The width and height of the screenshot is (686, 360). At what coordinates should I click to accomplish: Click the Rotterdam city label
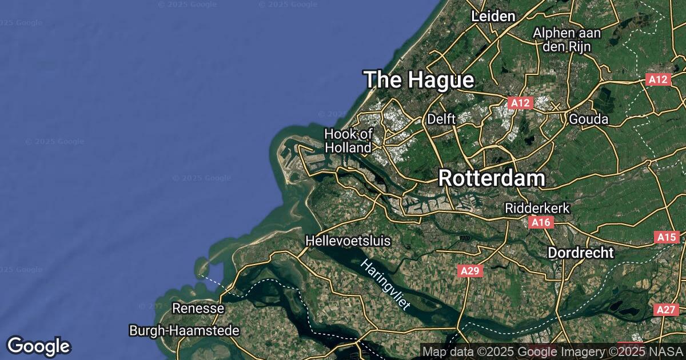[492, 178]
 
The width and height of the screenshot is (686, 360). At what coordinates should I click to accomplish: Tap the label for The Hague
[419, 80]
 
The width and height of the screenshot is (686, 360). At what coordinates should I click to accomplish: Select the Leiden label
[493, 17]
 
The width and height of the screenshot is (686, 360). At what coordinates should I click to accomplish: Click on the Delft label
[441, 119]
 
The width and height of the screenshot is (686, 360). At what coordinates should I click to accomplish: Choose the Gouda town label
[588, 119]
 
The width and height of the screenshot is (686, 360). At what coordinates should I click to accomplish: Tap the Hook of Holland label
[348, 141]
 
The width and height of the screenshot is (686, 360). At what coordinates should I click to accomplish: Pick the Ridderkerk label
[537, 209]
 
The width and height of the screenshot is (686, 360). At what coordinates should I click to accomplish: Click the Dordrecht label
[581, 253]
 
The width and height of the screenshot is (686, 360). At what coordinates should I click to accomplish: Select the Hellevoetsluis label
[348, 241]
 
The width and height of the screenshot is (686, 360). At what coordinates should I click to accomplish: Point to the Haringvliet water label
[385, 284]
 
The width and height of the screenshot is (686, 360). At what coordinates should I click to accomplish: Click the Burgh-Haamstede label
[184, 330]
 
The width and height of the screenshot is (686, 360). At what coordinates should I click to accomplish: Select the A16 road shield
[540, 222]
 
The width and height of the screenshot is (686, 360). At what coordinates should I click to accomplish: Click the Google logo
[38, 346]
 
